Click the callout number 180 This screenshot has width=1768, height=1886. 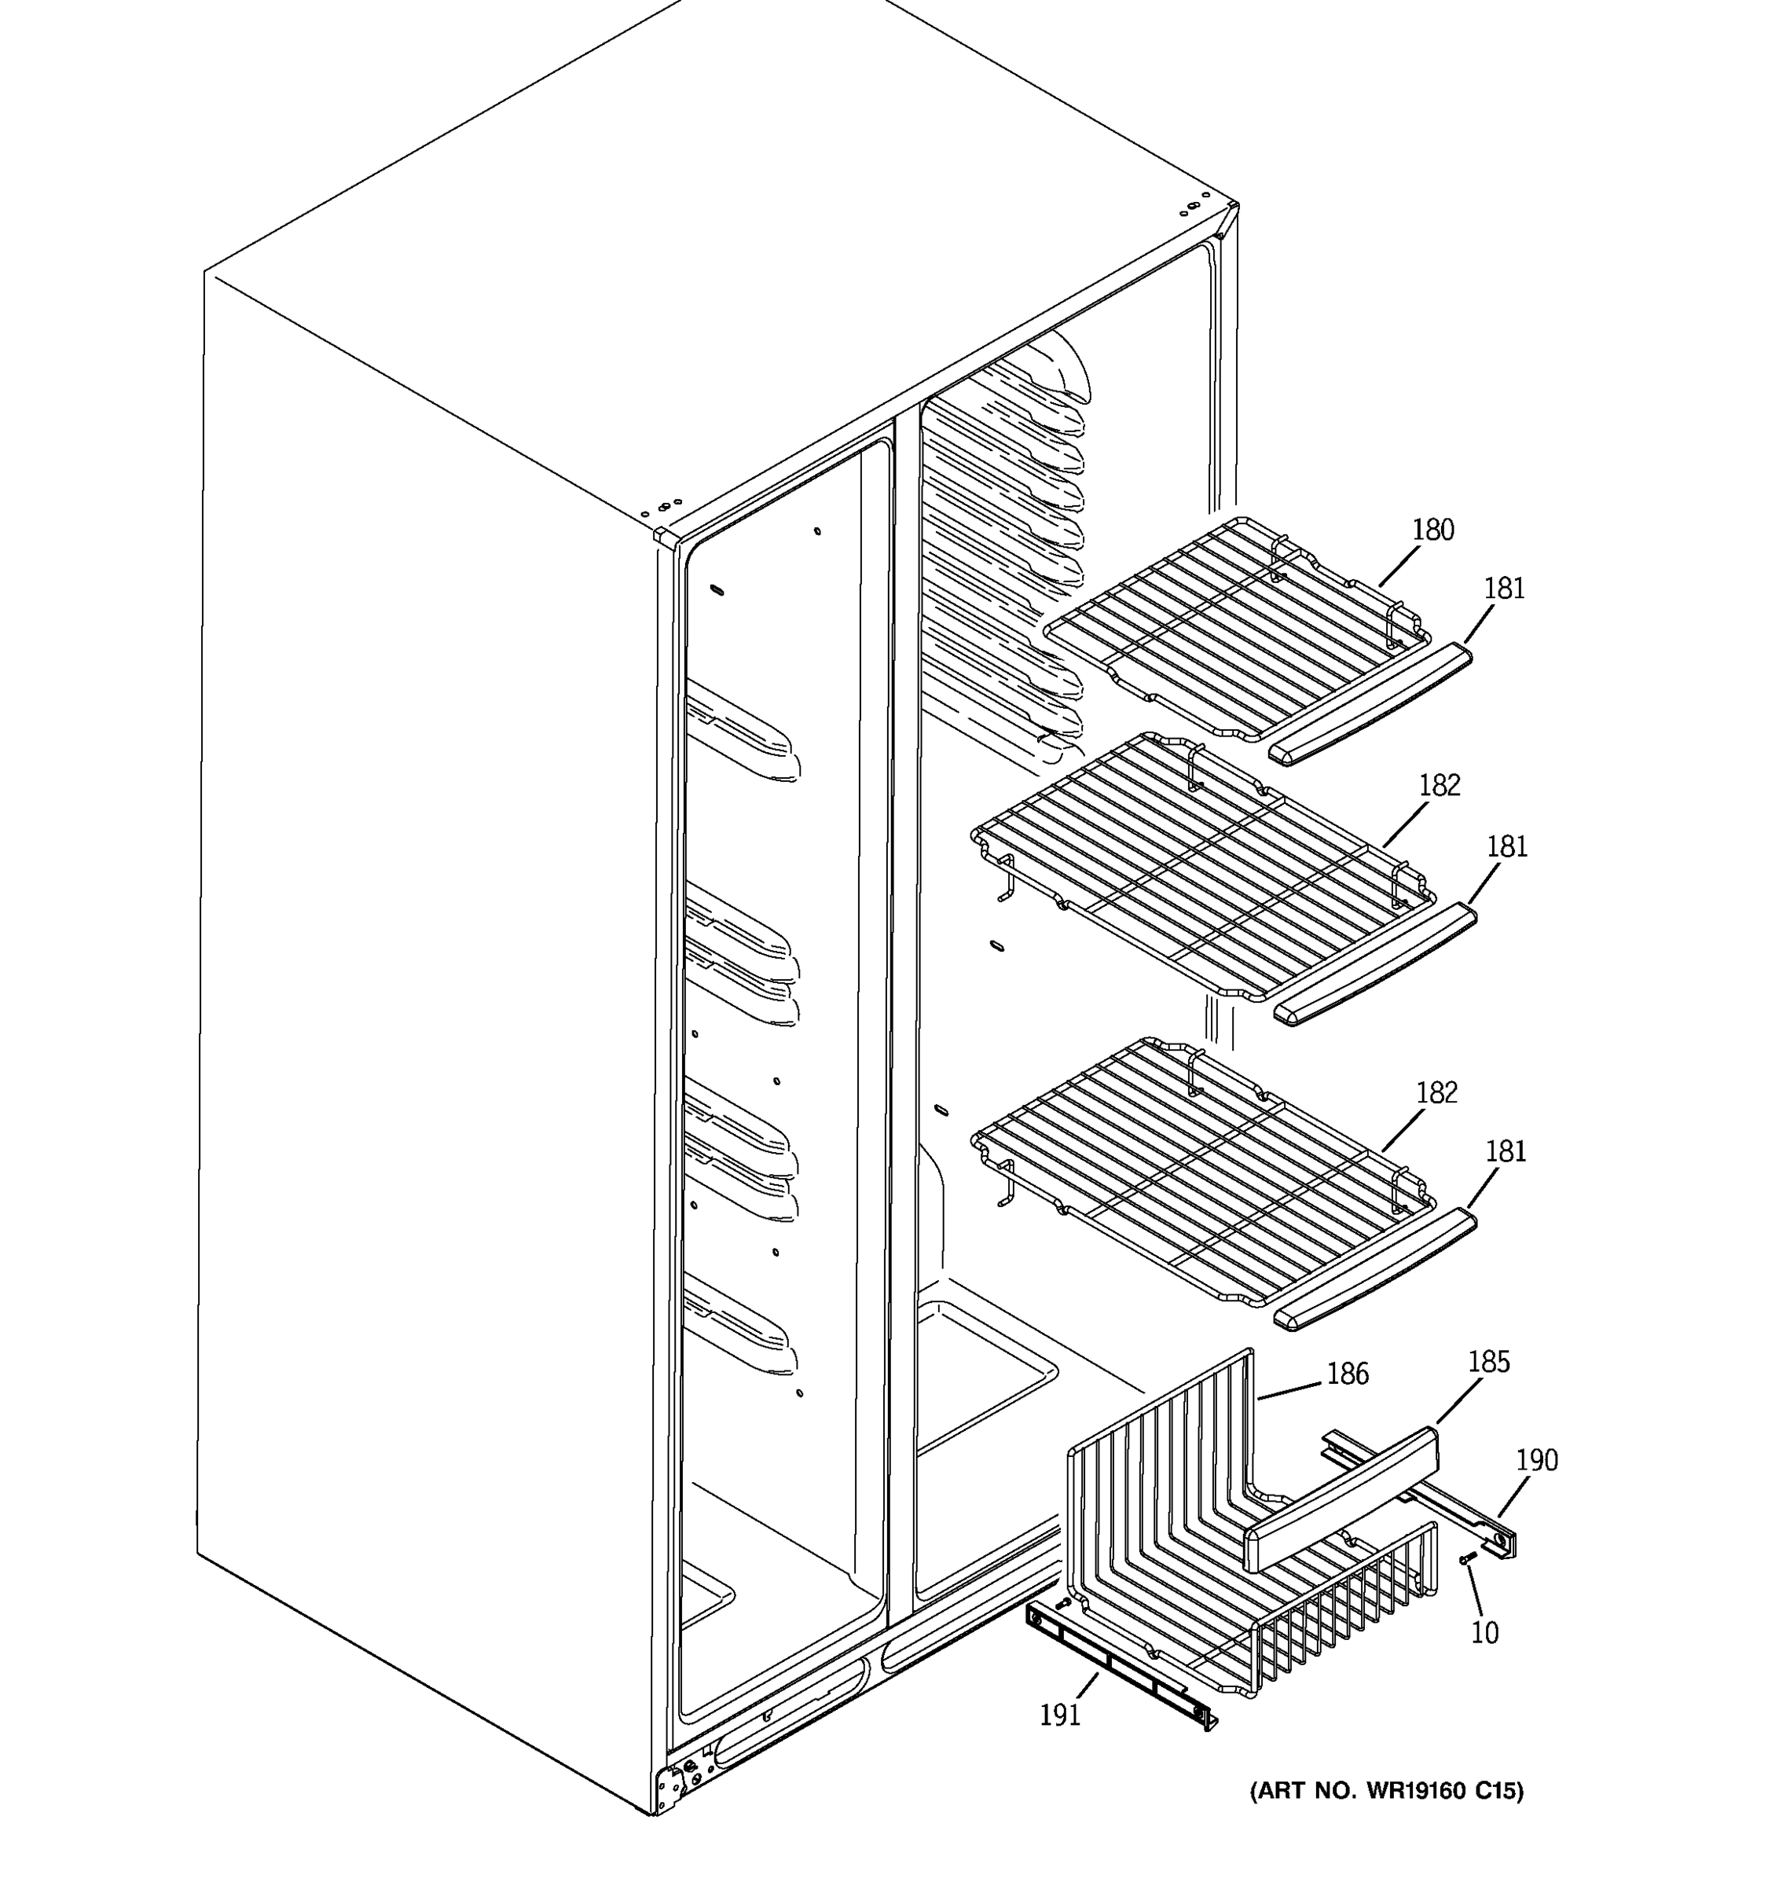coord(1432,530)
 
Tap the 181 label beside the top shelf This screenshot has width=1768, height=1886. coord(1504,589)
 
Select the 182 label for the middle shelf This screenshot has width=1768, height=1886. coord(1439,786)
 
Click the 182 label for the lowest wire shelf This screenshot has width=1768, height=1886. coord(1436,1093)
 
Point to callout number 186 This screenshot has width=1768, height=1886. coord(1348,1374)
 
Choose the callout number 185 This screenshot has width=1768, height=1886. coord(1488,1363)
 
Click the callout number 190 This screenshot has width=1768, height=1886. coord(1536,1460)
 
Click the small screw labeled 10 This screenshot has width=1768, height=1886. coord(1467,1559)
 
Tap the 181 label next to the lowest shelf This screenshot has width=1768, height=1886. coord(1506,1152)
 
